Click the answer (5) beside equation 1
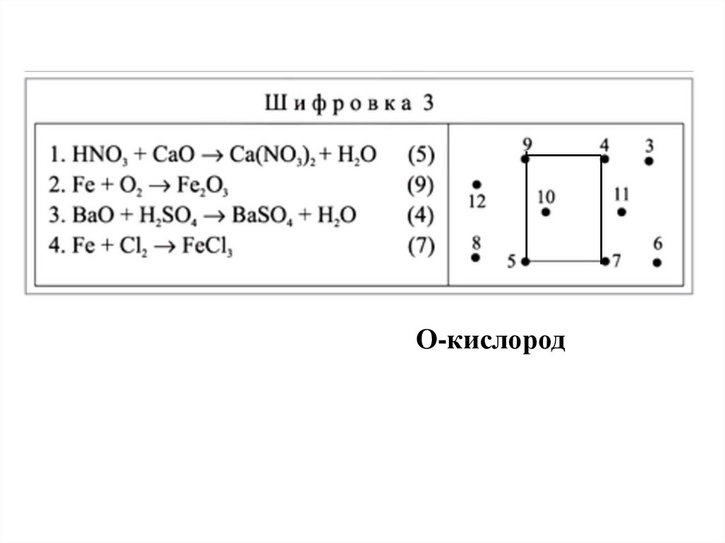click(421, 154)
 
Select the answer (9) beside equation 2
click(421, 185)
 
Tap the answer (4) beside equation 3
click(421, 215)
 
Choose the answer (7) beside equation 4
click(421, 247)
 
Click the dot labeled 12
click(476, 184)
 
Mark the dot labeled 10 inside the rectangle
click(545, 212)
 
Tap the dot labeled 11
click(622, 212)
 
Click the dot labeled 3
click(649, 161)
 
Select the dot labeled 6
click(657, 263)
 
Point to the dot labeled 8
click(476, 258)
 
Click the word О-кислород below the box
click(490, 342)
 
